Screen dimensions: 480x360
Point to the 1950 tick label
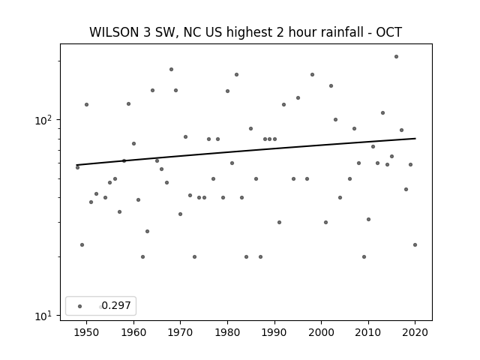(x=87, y=332)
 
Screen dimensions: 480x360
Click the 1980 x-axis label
(x=227, y=332)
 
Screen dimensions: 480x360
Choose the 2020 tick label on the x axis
(x=415, y=332)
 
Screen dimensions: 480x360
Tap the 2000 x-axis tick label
(x=321, y=332)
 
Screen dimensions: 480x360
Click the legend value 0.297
(x=116, y=305)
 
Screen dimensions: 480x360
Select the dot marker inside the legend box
(x=80, y=306)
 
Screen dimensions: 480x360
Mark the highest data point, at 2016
(x=396, y=57)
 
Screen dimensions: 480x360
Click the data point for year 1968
(x=172, y=70)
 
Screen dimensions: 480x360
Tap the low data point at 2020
(x=415, y=245)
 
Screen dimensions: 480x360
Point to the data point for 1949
(x=82, y=245)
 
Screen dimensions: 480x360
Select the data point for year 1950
(x=87, y=105)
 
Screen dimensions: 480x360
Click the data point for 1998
(x=312, y=75)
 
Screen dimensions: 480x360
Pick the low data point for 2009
(x=364, y=256)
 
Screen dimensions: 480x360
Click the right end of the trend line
(x=415, y=138)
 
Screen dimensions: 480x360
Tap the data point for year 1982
(x=237, y=75)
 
